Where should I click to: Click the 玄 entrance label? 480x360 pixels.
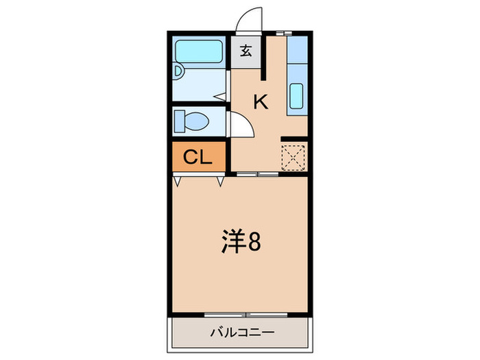[x=245, y=50]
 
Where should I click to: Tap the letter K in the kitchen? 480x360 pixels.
[x=261, y=102]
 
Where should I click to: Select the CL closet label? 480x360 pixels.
[x=197, y=158]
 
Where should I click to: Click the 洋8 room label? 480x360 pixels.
[x=240, y=242]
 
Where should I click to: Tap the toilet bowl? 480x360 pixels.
[x=196, y=122]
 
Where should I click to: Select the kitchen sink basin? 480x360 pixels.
[x=297, y=95]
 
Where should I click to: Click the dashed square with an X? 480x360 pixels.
[x=293, y=156]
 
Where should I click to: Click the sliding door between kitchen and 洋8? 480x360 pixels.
[x=258, y=174]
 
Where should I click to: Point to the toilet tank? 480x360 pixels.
[x=179, y=122]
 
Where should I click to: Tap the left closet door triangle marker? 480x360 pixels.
[x=178, y=182]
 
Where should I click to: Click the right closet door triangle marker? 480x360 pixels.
[x=221, y=182]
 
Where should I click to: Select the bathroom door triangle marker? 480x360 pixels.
[x=223, y=96]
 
